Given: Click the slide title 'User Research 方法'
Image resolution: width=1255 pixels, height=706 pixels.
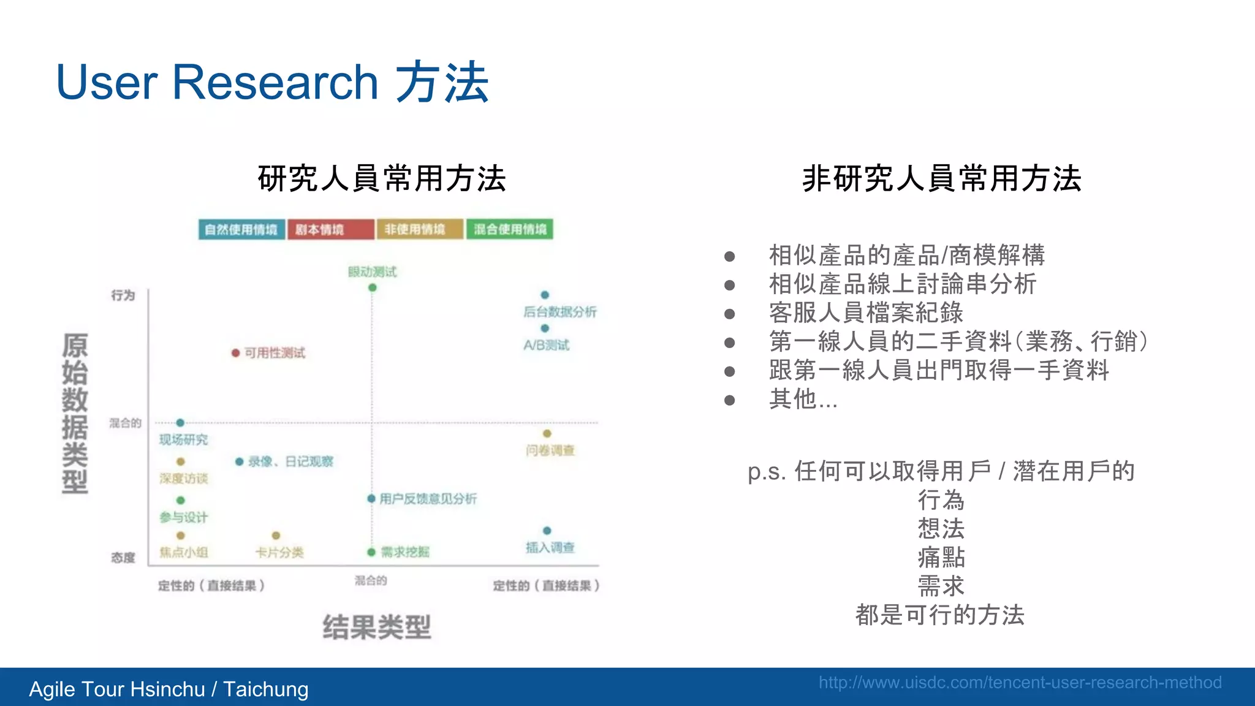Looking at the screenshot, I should pyautogui.click(x=272, y=82).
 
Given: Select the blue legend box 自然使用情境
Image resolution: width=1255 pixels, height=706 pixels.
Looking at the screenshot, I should pyautogui.click(x=241, y=229).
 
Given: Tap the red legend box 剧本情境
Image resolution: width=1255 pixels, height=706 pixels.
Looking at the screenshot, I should pyautogui.click(x=330, y=229).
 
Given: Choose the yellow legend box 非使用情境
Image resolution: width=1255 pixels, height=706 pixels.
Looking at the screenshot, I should pyautogui.click(x=420, y=229).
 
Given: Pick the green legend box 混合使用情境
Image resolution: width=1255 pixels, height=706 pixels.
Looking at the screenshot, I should pyautogui.click(x=509, y=229).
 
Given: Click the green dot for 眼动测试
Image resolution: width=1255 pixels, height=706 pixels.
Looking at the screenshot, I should pyautogui.click(x=372, y=287).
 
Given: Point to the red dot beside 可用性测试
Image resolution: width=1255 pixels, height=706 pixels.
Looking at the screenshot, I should pyautogui.click(x=235, y=353).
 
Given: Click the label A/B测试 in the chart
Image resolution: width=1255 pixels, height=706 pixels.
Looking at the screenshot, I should pyautogui.click(x=546, y=345).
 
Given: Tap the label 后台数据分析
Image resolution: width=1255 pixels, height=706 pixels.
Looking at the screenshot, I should pyautogui.click(x=559, y=312).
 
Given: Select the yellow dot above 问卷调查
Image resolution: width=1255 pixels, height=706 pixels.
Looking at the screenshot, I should pyautogui.click(x=547, y=434).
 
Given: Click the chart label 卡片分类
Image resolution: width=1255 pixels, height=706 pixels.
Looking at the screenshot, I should pyautogui.click(x=279, y=553).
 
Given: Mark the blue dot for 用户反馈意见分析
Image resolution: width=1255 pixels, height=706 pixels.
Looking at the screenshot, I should pyautogui.click(x=371, y=499).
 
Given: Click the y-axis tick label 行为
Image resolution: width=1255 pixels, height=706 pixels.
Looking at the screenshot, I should pyautogui.click(x=123, y=295).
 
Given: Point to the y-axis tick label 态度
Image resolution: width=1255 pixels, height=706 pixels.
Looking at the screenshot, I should pyautogui.click(x=123, y=558).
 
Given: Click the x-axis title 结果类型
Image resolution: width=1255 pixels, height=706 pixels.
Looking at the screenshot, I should pyautogui.click(x=377, y=628).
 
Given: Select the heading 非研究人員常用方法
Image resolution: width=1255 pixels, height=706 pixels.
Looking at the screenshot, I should pyautogui.click(x=942, y=179).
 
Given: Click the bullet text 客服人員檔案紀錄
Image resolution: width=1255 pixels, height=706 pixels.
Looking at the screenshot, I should pyautogui.click(x=866, y=313).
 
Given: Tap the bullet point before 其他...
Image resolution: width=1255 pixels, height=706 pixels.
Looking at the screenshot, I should pyautogui.click(x=729, y=400).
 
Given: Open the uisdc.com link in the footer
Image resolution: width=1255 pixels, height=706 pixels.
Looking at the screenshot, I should pyautogui.click(x=1020, y=683).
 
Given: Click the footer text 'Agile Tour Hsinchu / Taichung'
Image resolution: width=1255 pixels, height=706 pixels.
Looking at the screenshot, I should pyautogui.click(x=169, y=689).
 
